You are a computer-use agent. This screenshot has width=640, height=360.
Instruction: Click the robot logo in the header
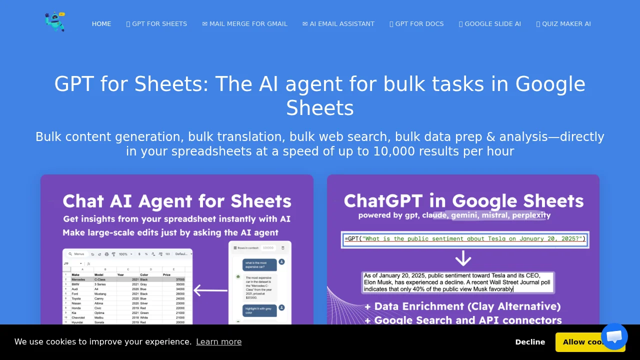pos(55,22)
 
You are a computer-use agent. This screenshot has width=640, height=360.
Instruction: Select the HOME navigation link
pos(101,24)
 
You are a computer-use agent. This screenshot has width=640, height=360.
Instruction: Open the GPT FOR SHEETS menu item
pos(156,24)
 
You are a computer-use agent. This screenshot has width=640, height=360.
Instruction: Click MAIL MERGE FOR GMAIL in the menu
pos(244,24)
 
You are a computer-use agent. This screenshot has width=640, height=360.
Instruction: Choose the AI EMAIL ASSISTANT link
pos(338,24)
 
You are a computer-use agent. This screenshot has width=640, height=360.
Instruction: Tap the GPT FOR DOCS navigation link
pos(416,24)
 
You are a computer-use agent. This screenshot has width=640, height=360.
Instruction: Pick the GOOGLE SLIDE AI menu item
pos(490,24)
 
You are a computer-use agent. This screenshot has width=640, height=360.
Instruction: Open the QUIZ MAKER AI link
pos(563,24)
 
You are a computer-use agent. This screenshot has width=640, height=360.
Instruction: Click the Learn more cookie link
pos(218,342)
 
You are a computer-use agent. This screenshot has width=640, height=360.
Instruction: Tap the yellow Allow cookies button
pos(580,342)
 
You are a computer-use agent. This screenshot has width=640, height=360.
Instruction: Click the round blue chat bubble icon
pos(614,336)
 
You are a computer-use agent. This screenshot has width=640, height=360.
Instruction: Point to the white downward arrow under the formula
pos(463,258)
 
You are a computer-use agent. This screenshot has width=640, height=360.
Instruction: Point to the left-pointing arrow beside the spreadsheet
pos(210,290)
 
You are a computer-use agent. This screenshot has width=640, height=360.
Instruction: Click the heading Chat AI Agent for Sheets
pos(177,201)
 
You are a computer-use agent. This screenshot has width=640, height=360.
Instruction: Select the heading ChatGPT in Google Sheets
pos(463,201)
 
